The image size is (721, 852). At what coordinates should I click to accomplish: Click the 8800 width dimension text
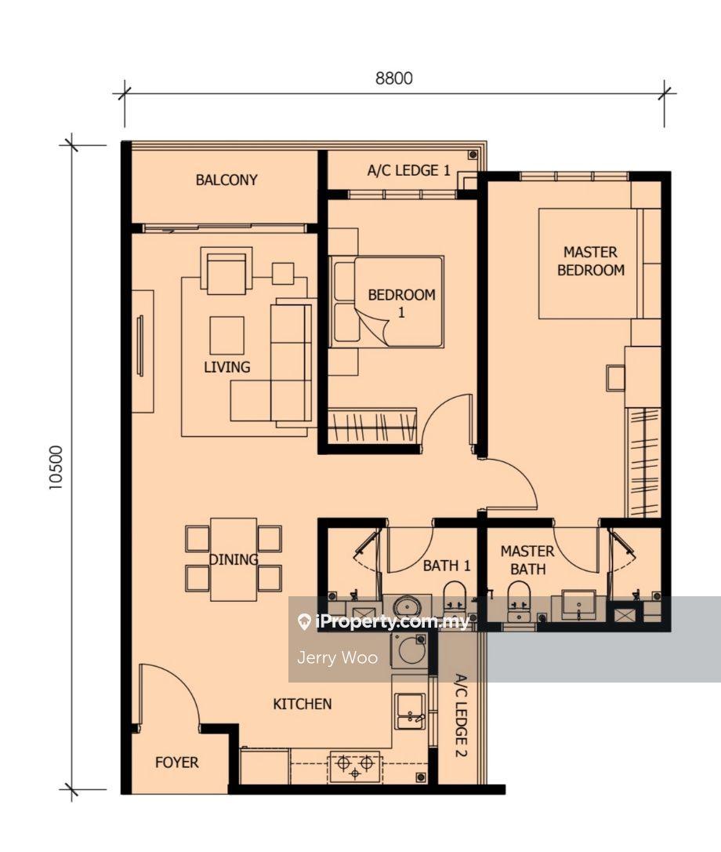394,78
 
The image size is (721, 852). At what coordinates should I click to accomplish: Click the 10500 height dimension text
56,468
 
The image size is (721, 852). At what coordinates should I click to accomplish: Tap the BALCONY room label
226,180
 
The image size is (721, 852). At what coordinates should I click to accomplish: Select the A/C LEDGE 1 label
408,170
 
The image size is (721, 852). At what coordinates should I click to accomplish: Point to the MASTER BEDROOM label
591,260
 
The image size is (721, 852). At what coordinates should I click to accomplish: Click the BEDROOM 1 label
402,303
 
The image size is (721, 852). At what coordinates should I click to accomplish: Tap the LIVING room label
227,367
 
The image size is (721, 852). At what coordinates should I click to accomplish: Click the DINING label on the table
234,559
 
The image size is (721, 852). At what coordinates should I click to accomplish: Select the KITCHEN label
302,705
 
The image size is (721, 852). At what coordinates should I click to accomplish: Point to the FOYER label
176,763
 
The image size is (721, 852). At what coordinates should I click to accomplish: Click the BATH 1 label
446,566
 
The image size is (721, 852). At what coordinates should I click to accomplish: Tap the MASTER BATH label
527,560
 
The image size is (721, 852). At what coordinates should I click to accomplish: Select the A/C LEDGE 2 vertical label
460,715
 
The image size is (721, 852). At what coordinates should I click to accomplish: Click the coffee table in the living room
227,336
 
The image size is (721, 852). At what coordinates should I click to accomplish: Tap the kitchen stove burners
355,766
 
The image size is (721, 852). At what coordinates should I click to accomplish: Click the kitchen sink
410,712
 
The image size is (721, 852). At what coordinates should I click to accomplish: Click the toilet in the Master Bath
519,601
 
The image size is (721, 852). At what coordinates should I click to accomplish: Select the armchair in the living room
226,271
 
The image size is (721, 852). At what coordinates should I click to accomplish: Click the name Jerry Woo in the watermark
337,658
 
